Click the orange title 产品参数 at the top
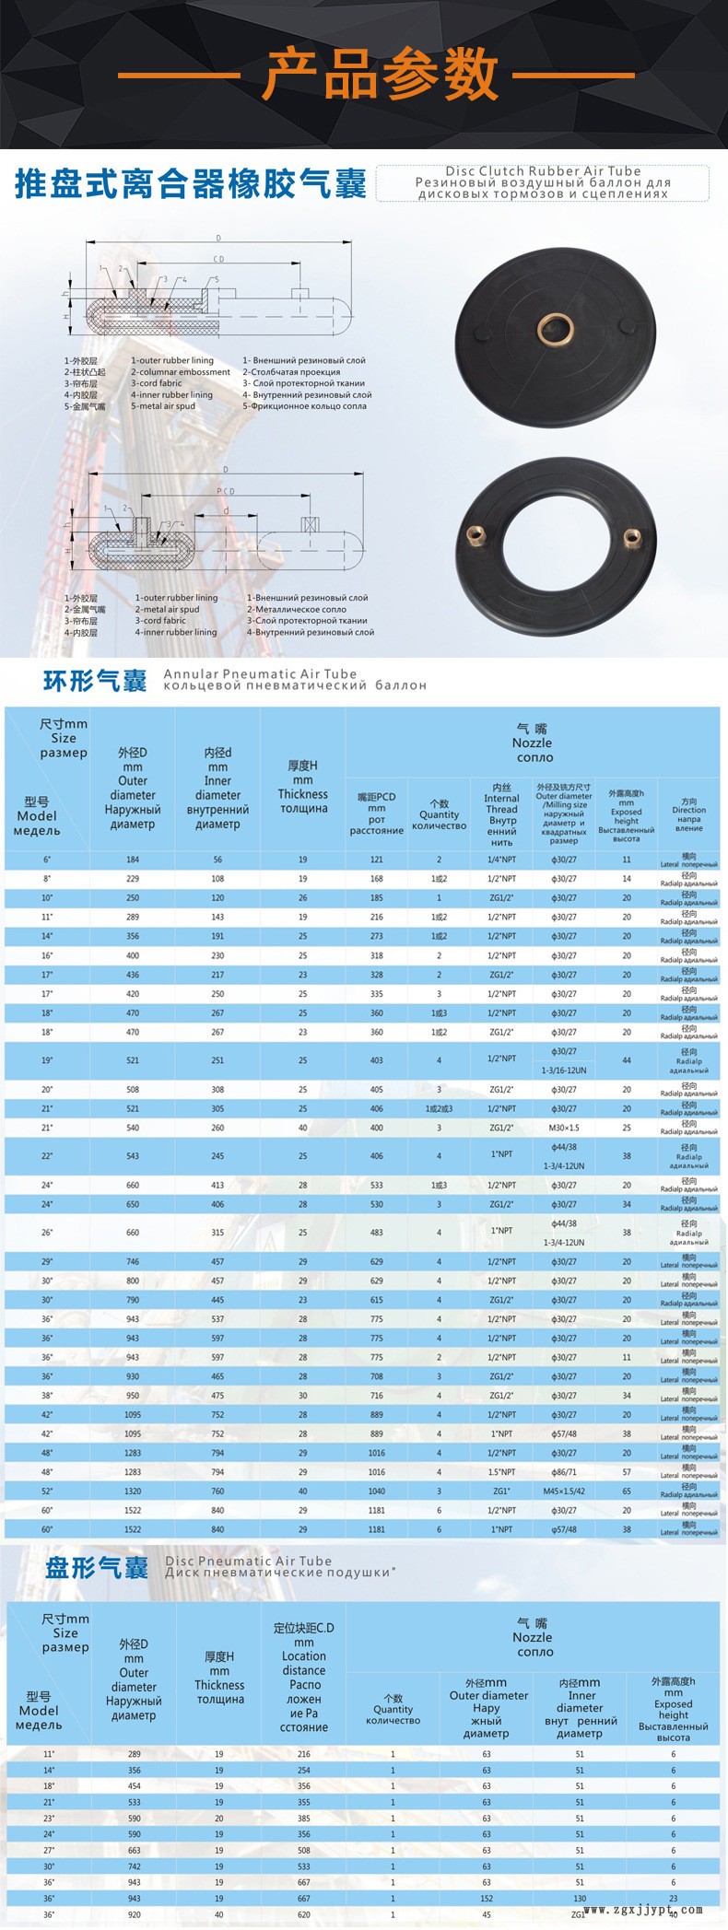381,76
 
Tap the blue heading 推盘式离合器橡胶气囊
191,183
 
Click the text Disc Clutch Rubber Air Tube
543,170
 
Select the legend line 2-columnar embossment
181,372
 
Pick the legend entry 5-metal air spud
163,406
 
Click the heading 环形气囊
95,682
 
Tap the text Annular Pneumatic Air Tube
260,674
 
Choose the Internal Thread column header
501,814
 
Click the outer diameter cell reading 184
133,860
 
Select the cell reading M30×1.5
564,1128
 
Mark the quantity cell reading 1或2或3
439,1108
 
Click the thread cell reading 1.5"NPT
501,1472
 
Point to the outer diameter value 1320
133,1491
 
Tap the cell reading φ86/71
564,1472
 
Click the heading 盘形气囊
97,1569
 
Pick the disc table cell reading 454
134,1786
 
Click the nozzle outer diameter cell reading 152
487,1899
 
